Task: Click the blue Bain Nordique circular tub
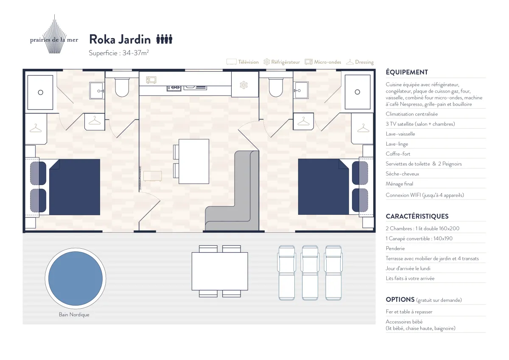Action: tap(76, 278)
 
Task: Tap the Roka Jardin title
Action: tap(120, 39)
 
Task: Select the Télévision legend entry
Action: tap(243, 62)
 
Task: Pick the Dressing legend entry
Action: tap(360, 62)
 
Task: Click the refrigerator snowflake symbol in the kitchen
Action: tap(243, 85)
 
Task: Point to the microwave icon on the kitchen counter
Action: tap(151, 80)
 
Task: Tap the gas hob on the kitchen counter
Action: tap(174, 88)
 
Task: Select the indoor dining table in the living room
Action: tap(193, 161)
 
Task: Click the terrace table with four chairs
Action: tap(220, 271)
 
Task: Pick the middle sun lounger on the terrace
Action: tap(310, 273)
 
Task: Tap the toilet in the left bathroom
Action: tap(122, 87)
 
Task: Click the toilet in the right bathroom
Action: tap(276, 87)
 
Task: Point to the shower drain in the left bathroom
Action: tap(40, 92)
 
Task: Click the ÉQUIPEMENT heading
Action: tap(407, 72)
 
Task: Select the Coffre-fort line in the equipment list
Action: tap(398, 154)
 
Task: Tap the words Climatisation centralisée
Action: tap(412, 114)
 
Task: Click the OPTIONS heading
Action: tap(400, 300)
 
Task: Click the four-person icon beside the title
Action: tap(164, 39)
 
